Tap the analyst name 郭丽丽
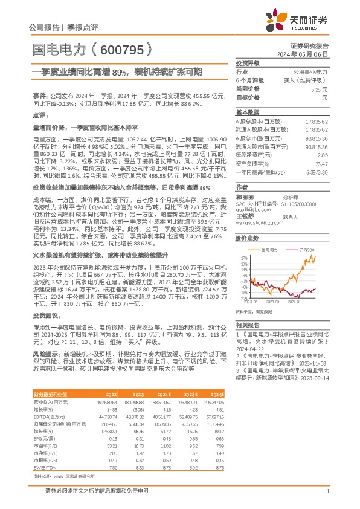(x=244, y=197)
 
